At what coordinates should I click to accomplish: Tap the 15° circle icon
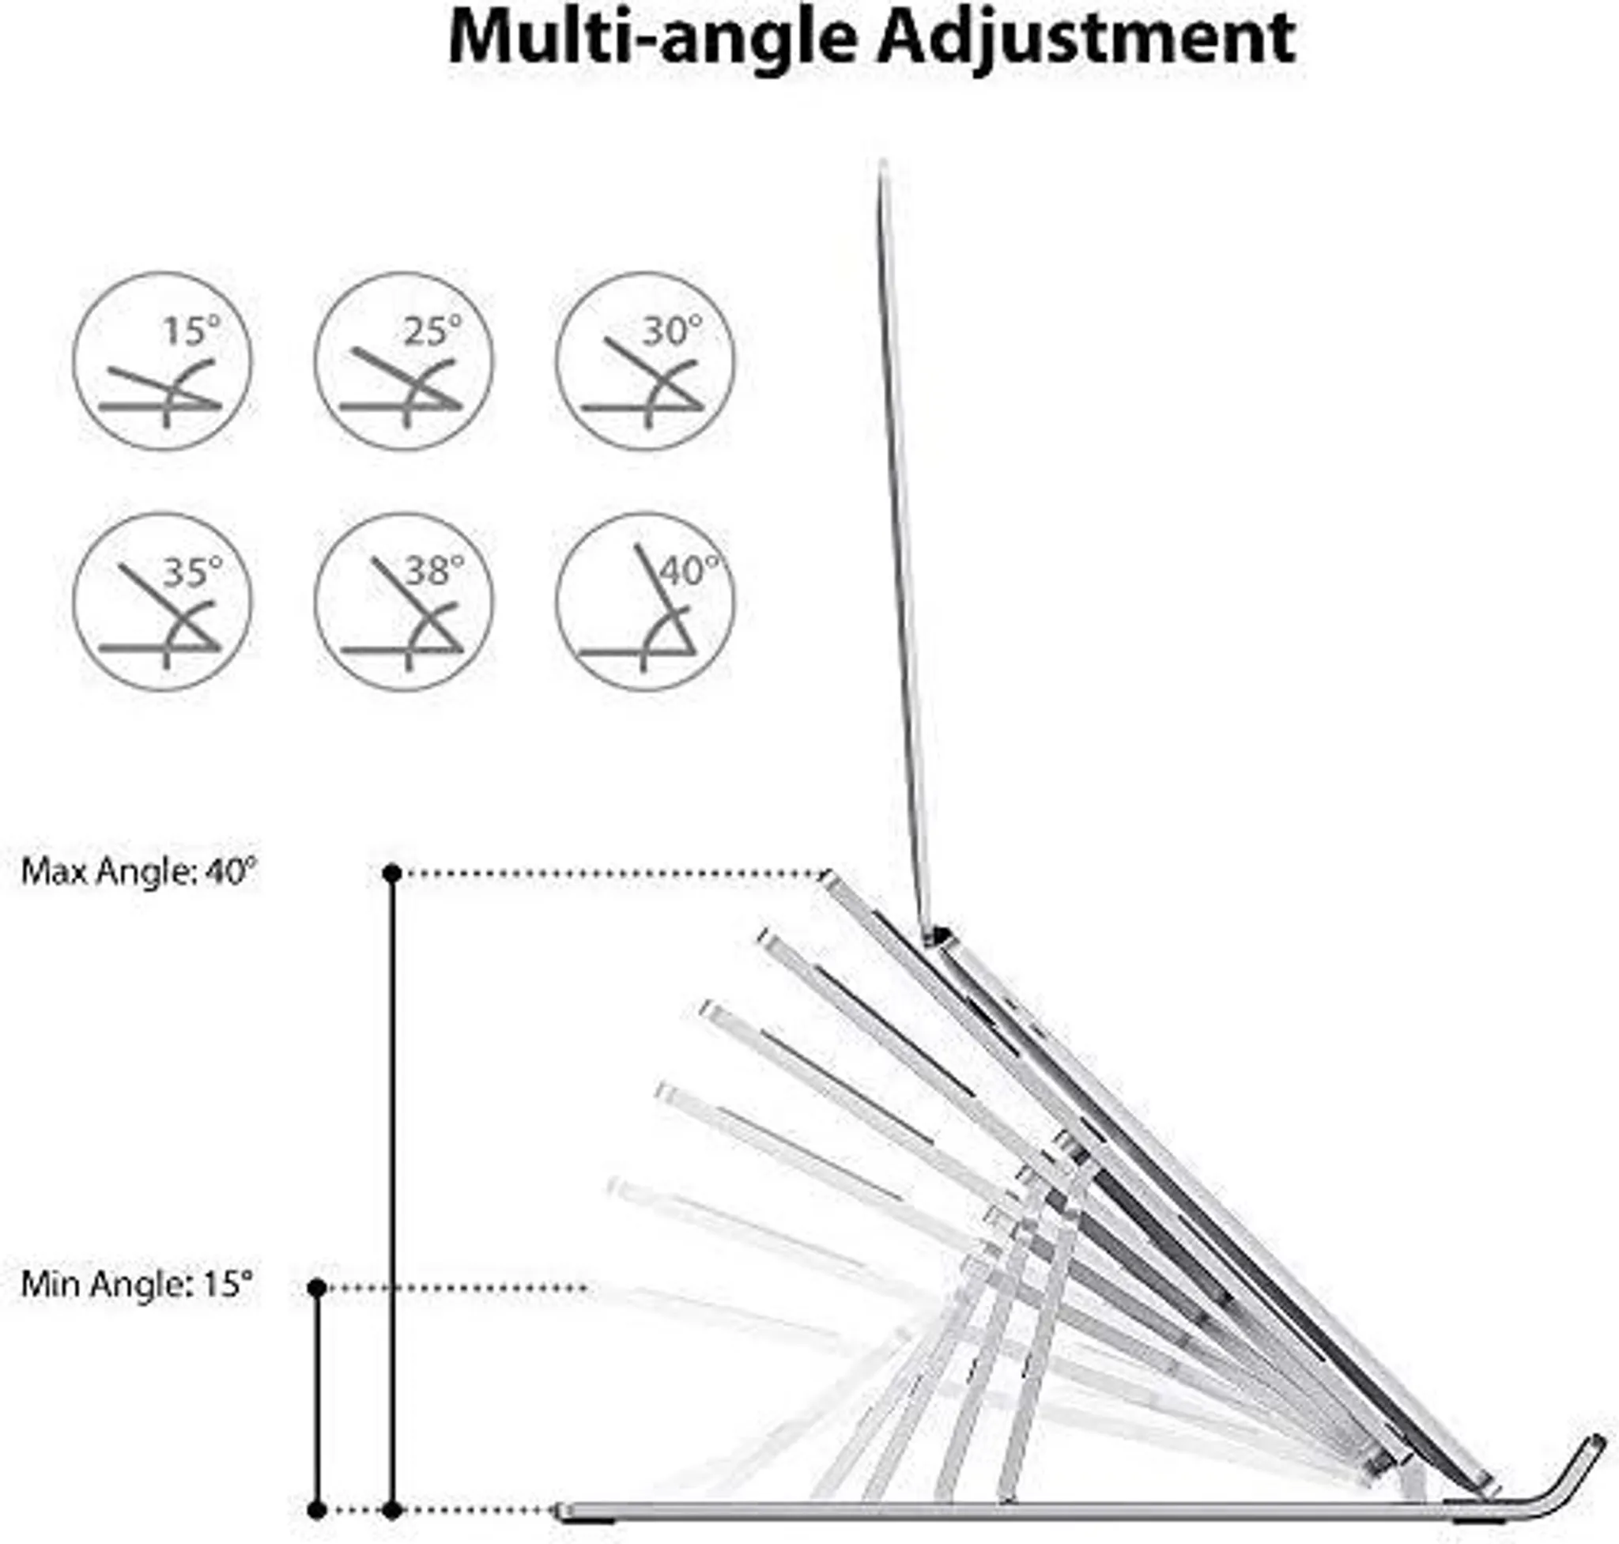coord(163,361)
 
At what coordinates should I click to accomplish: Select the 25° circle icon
coord(404,361)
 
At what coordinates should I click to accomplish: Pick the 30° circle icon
coord(645,361)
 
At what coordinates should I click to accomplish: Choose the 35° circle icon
coord(163,602)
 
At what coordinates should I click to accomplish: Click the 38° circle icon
coord(404,602)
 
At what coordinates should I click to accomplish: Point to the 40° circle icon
coord(645,602)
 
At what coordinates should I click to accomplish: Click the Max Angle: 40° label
coord(139,871)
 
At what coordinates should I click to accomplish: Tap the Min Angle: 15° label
coord(137,1284)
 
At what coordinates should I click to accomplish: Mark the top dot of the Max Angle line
coord(393,873)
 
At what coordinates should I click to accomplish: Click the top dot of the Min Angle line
coord(317,1287)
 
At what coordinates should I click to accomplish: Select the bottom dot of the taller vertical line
coord(393,1510)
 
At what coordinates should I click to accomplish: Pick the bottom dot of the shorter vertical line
coord(317,1510)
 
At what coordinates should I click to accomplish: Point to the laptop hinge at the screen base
coord(937,935)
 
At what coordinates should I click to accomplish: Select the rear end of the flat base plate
coord(563,1510)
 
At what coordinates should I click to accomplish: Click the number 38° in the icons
coord(435,569)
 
